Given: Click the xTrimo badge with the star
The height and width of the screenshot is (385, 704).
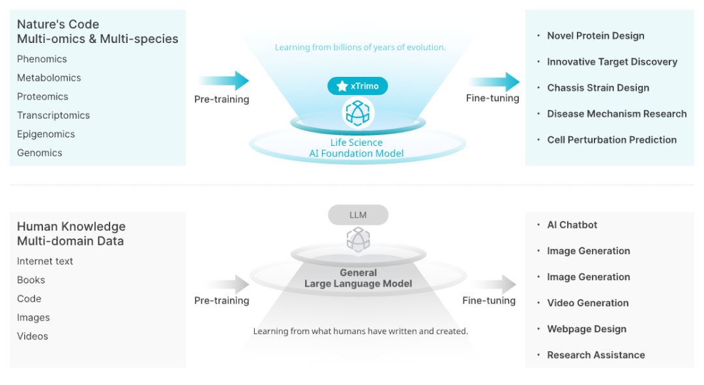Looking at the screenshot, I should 357,86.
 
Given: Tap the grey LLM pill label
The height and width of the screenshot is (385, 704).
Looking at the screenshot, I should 358,215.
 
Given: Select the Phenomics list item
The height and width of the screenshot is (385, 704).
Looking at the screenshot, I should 42,59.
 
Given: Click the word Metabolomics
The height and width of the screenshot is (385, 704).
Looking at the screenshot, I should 49,78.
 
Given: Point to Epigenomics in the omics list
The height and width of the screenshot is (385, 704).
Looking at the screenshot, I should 46,134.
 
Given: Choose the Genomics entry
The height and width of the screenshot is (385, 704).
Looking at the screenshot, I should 39,153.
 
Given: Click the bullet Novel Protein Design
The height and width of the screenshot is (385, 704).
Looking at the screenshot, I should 595,36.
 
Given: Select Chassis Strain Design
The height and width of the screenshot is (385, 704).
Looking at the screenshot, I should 598,88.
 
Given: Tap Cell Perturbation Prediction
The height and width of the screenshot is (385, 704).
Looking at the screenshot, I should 611,140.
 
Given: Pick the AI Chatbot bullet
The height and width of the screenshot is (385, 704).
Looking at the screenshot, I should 572,225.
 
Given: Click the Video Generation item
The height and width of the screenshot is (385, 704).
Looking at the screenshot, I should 587,303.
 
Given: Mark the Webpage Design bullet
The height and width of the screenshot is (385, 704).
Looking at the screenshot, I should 586,329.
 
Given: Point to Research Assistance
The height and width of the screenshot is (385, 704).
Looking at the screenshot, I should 596,355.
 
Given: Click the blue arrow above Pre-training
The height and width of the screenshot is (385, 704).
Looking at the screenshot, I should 224,81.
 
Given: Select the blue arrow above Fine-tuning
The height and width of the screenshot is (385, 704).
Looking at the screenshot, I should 494,82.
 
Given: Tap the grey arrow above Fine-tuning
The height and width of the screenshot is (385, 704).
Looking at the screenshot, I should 491,284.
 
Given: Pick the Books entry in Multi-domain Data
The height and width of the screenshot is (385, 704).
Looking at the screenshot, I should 31,280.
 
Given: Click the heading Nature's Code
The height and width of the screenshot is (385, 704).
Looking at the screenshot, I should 58,25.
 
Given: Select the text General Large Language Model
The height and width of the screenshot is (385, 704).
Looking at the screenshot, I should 358,278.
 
